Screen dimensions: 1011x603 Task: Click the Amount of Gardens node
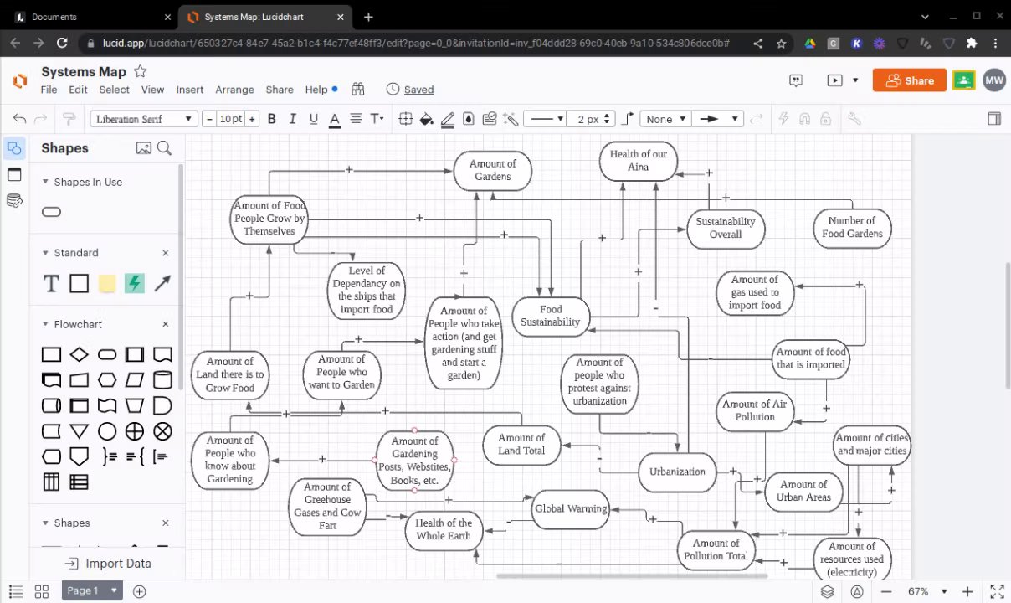coord(492,170)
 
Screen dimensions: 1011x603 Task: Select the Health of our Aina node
coord(639,161)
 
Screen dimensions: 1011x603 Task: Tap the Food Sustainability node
coord(551,317)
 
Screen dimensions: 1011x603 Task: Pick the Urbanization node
coord(677,472)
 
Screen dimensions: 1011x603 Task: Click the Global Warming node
coord(571,509)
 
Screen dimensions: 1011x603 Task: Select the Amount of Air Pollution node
coord(755,411)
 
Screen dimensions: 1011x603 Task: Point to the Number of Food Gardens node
coord(852,228)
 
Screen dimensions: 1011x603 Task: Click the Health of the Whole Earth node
coord(444,530)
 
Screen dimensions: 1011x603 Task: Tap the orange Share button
coord(909,80)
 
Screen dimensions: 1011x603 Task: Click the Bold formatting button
coord(272,119)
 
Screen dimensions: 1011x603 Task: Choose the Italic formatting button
coord(292,119)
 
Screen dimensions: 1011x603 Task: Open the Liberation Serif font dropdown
coord(143,119)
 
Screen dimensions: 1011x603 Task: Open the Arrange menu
coord(234,90)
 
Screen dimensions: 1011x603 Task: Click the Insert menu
coord(189,90)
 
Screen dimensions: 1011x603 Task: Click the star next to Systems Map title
coord(141,71)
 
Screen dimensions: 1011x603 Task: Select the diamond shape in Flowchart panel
coord(79,354)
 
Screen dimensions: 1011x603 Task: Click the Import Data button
coord(108,564)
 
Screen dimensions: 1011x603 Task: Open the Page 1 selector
coord(92,590)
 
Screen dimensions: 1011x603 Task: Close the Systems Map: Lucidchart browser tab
coord(341,17)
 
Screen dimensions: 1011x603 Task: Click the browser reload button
coord(62,43)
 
